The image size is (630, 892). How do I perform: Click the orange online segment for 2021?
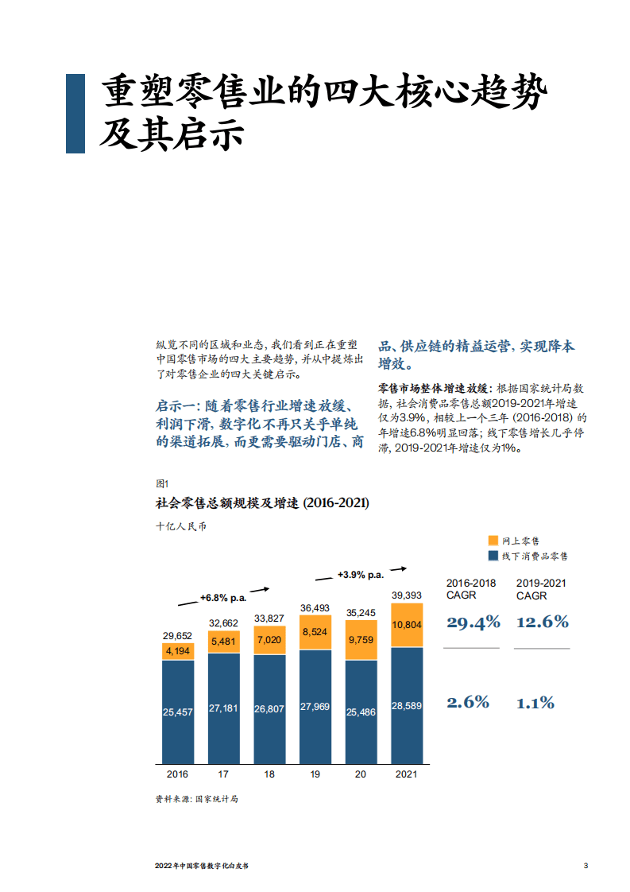(407, 625)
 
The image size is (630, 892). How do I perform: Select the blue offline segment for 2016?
(178, 712)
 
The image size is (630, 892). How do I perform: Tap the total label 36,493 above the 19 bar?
(315, 608)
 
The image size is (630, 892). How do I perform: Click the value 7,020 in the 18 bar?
(269, 640)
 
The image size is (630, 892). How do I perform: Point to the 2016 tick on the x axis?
(178, 774)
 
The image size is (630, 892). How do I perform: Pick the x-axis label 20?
(361, 774)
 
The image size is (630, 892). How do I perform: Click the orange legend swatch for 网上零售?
(493, 541)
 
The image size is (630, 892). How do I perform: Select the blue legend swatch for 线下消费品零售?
(493, 556)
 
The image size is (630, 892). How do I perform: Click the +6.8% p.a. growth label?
(222, 597)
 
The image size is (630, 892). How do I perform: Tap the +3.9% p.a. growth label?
(360, 574)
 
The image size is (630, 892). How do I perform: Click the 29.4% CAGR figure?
(473, 622)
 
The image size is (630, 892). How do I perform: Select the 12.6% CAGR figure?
(543, 622)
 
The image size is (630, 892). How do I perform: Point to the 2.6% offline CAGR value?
(468, 703)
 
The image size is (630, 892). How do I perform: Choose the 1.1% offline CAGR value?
(535, 703)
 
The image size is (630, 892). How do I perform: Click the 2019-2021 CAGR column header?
(541, 589)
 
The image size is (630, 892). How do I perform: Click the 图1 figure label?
(163, 483)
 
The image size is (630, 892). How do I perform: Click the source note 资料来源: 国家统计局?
(197, 799)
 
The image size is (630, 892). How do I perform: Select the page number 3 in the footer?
(586, 866)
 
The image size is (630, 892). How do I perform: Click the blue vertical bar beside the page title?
(75, 113)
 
